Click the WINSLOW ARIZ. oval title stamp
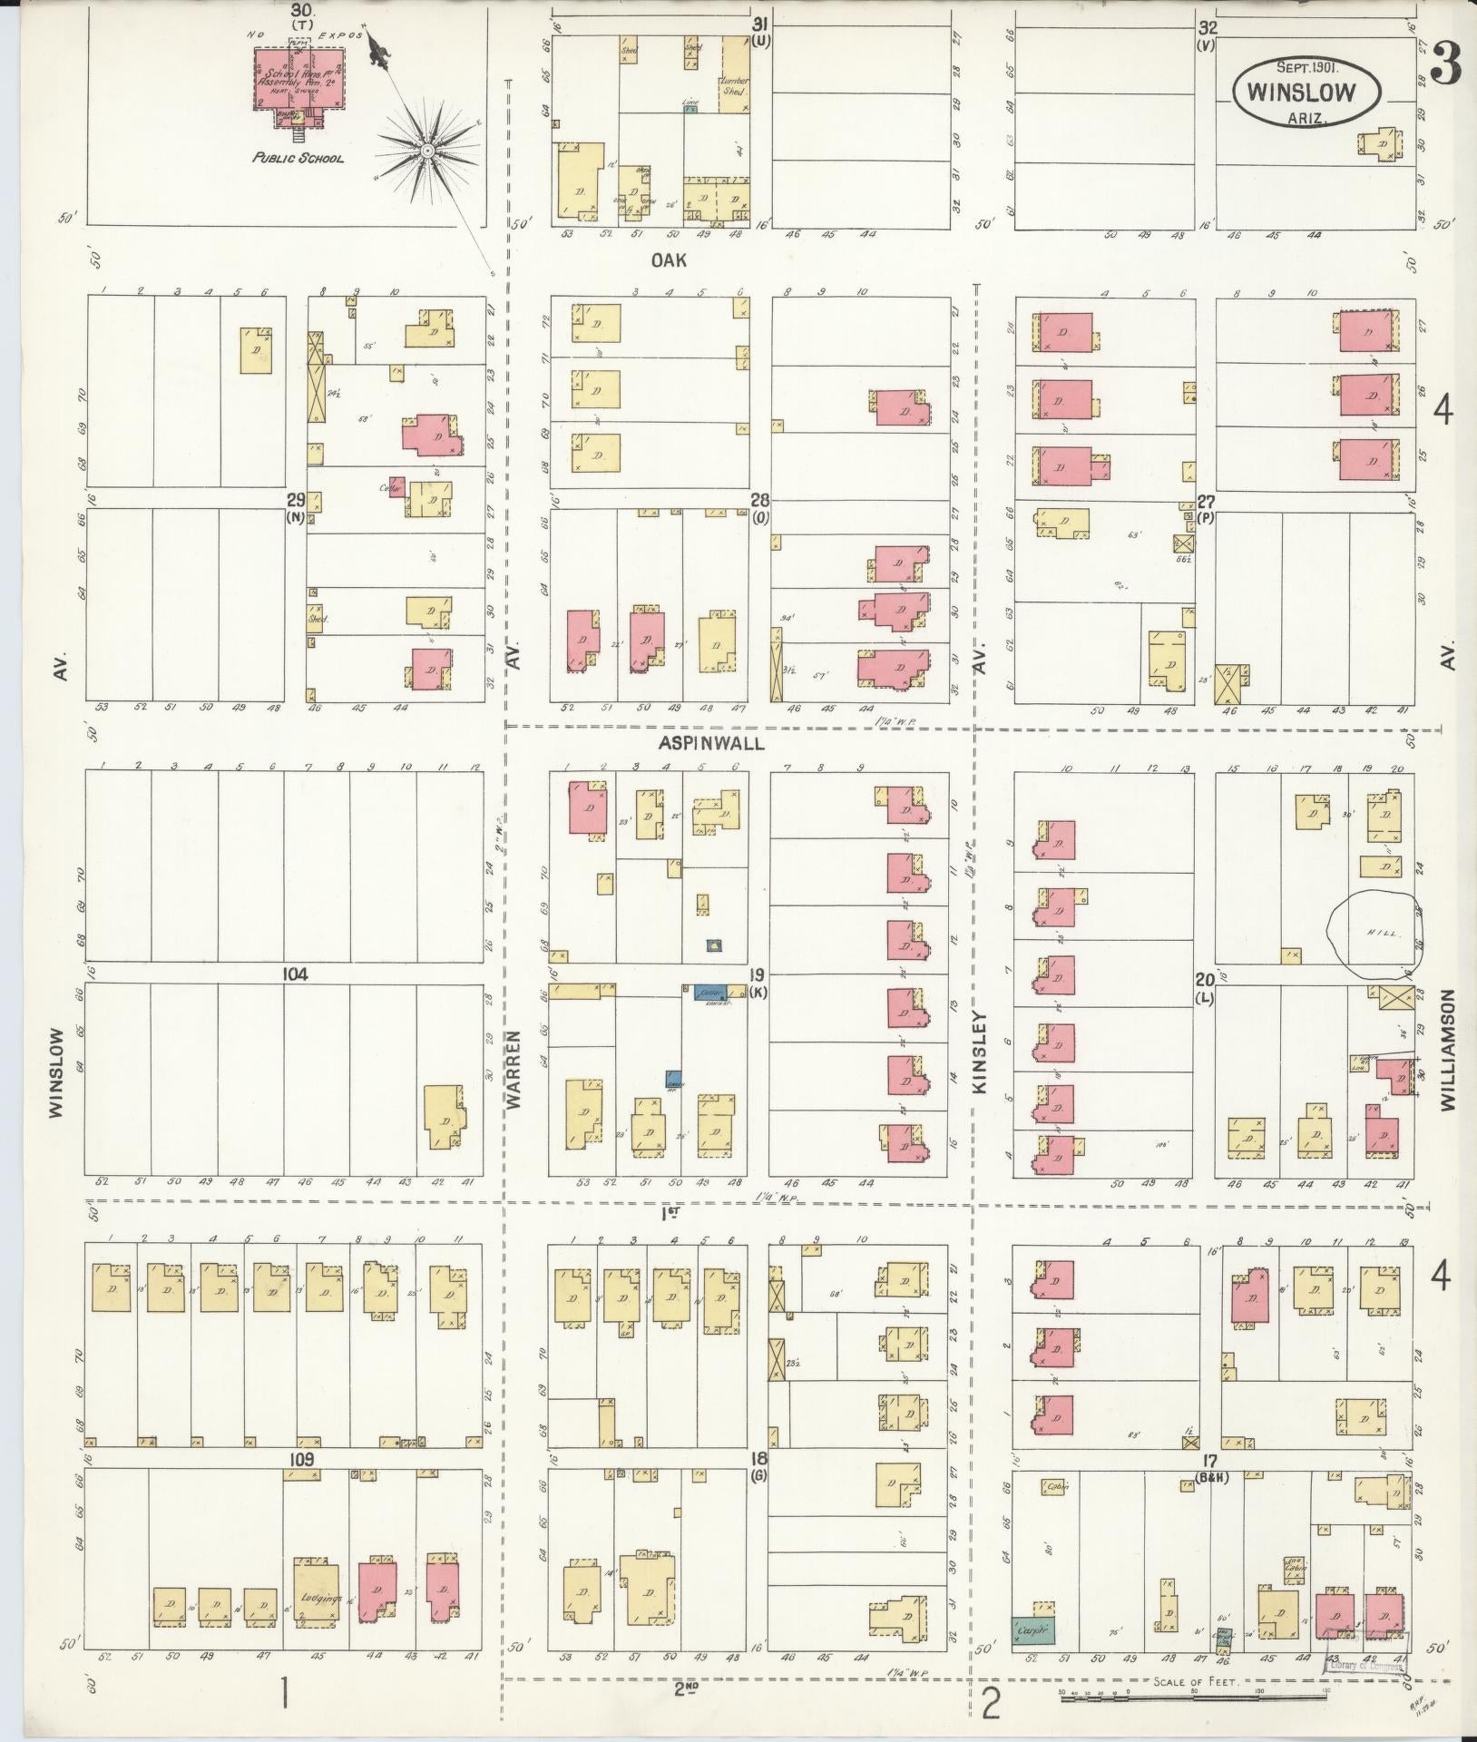[1306, 92]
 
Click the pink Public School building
[300, 80]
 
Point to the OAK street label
[669, 260]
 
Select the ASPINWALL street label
[713, 742]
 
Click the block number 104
[295, 974]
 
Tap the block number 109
[301, 1459]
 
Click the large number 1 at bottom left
[285, 1693]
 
